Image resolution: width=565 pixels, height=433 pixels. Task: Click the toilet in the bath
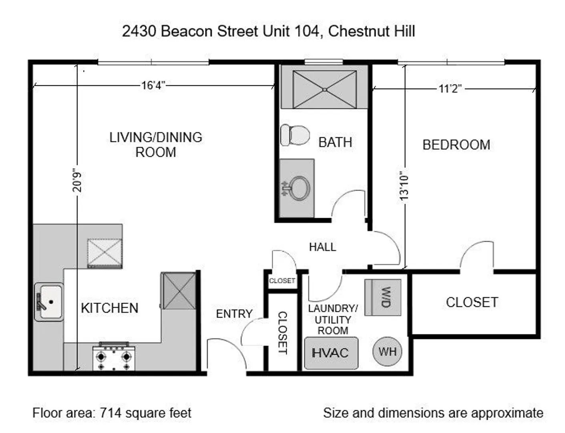(x=295, y=135)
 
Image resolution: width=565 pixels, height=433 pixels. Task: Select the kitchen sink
(x=49, y=302)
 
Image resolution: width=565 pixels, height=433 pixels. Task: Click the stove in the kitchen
(x=114, y=356)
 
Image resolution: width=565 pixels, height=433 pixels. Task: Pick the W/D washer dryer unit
(x=383, y=297)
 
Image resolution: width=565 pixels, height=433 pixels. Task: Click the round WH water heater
(x=387, y=352)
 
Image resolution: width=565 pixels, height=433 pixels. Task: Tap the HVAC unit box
(x=331, y=353)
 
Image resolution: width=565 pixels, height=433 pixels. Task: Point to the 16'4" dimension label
(x=153, y=85)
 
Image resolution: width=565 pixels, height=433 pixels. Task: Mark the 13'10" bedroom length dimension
(x=404, y=184)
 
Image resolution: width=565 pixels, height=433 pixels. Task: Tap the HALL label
(x=322, y=247)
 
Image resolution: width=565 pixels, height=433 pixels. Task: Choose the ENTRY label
(x=234, y=314)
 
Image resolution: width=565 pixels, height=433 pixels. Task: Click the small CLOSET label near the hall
(x=282, y=281)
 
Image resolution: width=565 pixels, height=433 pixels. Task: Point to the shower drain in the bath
(x=325, y=90)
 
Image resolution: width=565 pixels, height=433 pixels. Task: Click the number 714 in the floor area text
(x=110, y=413)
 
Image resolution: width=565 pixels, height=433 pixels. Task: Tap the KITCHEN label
(x=110, y=308)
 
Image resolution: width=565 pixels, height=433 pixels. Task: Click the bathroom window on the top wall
(x=324, y=62)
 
